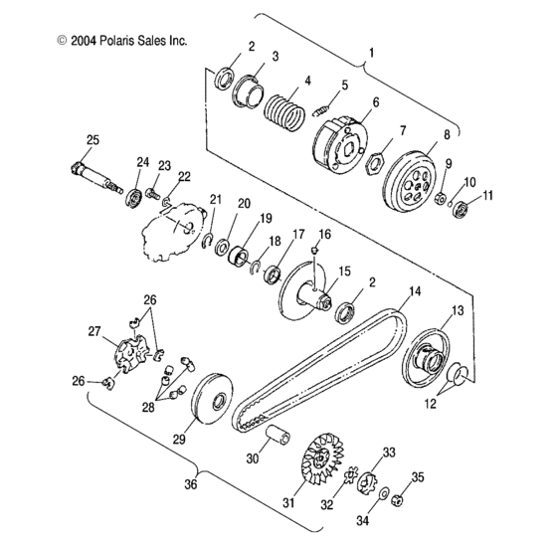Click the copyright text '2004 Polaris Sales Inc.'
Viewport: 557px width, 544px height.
click(122, 41)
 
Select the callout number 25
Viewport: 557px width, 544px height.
click(92, 139)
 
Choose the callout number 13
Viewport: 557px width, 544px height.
click(458, 311)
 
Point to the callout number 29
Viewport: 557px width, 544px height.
click(180, 439)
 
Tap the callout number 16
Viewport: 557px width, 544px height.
click(323, 234)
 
